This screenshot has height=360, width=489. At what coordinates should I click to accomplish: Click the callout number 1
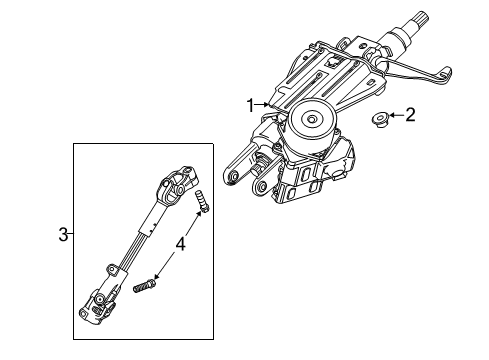click(x=251, y=104)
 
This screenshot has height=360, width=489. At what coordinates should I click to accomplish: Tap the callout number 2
click(x=409, y=115)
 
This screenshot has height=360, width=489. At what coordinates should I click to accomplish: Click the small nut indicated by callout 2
click(x=380, y=119)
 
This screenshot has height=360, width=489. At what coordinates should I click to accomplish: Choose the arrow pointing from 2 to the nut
click(x=396, y=116)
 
